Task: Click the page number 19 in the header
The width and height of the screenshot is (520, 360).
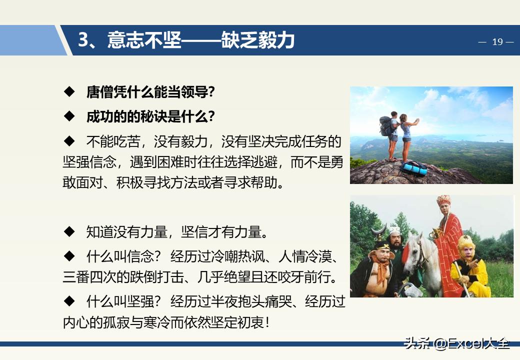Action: click(x=497, y=42)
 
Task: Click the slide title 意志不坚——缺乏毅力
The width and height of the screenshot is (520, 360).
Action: click(x=201, y=40)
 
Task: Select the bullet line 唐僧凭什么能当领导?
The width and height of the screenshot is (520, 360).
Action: click(x=150, y=92)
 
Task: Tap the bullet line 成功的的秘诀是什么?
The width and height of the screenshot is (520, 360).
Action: click(x=150, y=116)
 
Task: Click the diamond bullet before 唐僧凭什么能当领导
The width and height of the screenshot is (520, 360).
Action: click(x=69, y=92)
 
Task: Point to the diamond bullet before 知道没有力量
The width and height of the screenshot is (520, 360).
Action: click(x=69, y=232)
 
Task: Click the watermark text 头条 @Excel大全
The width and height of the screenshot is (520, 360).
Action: click(x=456, y=344)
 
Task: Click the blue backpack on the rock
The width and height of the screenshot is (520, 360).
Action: click(x=414, y=168)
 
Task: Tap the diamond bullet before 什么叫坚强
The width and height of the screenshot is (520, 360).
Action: click(x=69, y=301)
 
